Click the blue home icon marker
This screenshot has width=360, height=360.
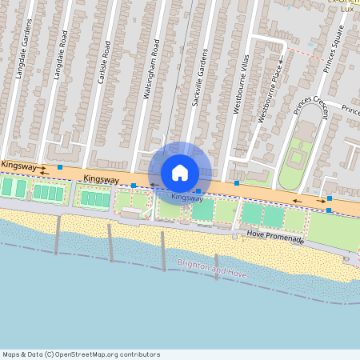click(180, 173)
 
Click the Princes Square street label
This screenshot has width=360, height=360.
click(334, 49)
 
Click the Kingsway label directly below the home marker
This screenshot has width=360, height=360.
click(187, 197)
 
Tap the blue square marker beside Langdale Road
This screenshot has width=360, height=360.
click(61, 167)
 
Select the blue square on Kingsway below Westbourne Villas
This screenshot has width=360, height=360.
click(237, 183)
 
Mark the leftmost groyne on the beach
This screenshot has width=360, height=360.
click(57, 234)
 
